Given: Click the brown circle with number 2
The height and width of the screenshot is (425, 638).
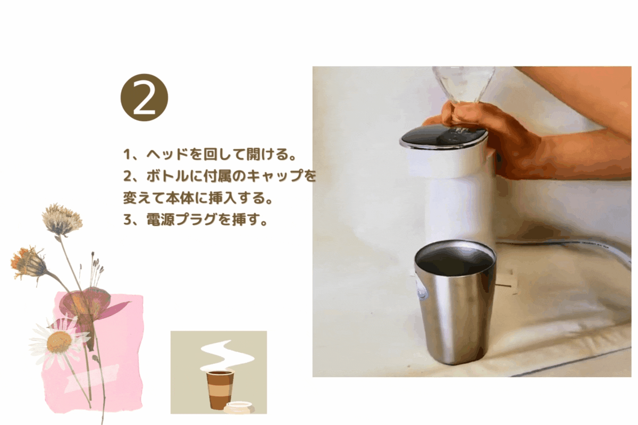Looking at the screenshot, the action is point(145,97).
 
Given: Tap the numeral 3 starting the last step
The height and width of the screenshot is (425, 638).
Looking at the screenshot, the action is point(127,220).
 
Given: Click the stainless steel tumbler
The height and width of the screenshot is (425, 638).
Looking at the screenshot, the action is point(455,303).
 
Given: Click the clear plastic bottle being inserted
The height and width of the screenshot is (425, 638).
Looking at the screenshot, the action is point(463,84).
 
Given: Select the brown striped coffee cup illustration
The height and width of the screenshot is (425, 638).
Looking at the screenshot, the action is point(220,390).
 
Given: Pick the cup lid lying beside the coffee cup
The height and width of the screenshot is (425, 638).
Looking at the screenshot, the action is point(239,407).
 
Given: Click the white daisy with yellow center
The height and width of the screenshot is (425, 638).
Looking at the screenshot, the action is point(59,342).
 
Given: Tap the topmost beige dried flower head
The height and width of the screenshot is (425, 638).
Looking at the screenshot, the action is point(62,219).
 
